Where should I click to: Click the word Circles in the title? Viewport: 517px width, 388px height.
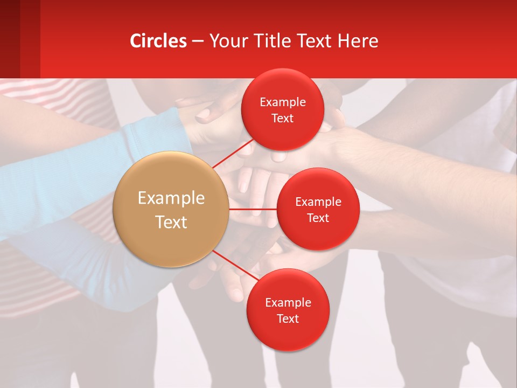pyautogui.click(x=158, y=41)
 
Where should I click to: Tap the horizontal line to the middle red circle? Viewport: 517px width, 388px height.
pyautogui.click(x=253, y=209)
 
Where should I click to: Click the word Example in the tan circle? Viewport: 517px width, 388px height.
pyautogui.click(x=171, y=198)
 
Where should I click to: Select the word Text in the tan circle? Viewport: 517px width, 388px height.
pyautogui.click(x=171, y=222)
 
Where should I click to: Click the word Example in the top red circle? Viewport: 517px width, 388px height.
pyautogui.click(x=283, y=102)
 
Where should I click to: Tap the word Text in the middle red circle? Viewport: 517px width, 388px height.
pyautogui.click(x=318, y=218)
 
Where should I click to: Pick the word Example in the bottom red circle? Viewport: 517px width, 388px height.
pyautogui.click(x=288, y=303)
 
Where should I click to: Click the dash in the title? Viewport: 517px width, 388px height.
pyautogui.click(x=198, y=41)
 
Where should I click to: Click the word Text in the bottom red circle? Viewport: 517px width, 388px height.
pyautogui.click(x=288, y=319)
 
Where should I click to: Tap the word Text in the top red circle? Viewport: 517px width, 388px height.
pyautogui.click(x=283, y=119)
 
